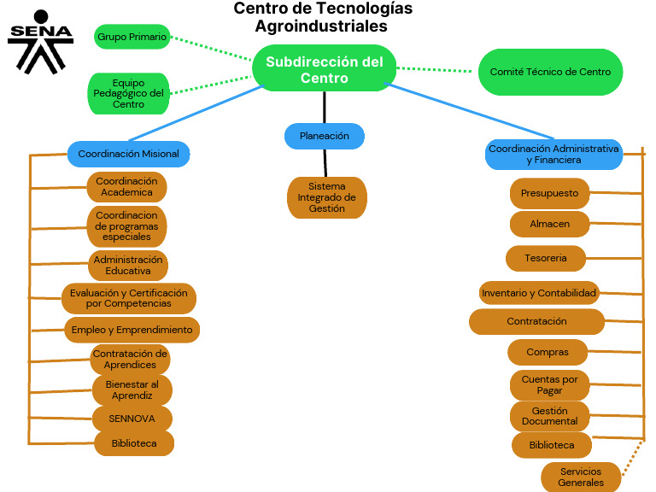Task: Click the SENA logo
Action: click(41, 42)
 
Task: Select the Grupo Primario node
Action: click(132, 37)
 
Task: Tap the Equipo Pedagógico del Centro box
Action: click(128, 93)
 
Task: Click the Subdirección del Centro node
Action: click(325, 68)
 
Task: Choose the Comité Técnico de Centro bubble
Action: click(550, 72)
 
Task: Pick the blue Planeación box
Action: click(325, 136)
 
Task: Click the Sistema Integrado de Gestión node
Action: click(327, 197)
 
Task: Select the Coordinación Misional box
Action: click(128, 154)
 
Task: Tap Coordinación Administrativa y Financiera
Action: click(553, 155)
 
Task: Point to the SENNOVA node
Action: click(132, 419)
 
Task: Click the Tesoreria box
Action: click(546, 258)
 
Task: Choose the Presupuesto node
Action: click(549, 193)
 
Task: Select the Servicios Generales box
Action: click(581, 477)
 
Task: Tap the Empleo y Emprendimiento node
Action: click(132, 330)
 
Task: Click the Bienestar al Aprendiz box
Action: click(132, 389)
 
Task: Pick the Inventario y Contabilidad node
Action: click(539, 293)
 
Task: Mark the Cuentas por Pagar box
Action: click(549, 385)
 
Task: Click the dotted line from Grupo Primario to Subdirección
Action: click(211, 49)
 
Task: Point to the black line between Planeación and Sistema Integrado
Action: click(325, 163)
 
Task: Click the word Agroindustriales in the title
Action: click(321, 26)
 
